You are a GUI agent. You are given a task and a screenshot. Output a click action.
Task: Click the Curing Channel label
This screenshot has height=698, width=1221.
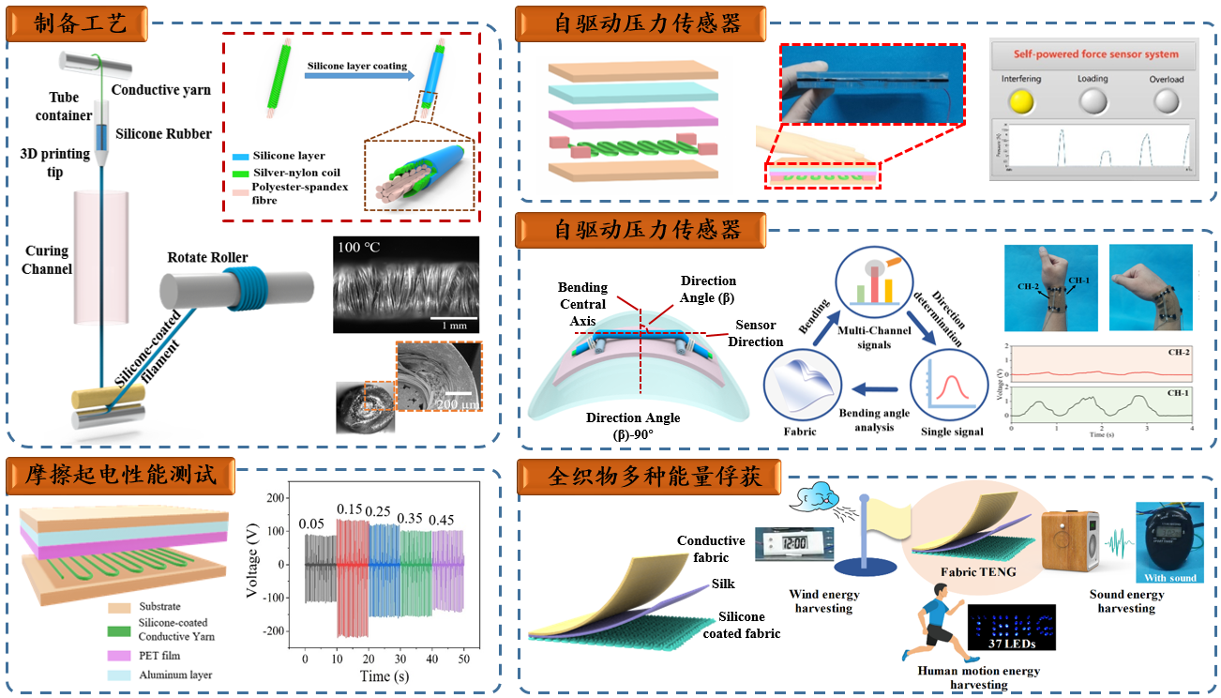point(47,260)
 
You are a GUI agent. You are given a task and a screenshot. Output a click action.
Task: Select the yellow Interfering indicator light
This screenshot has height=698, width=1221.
point(1020,101)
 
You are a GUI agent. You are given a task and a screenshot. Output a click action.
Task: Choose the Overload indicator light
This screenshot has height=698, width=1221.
point(1167,101)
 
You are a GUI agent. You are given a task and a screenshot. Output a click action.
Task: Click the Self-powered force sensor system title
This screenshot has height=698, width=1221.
point(1093,53)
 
